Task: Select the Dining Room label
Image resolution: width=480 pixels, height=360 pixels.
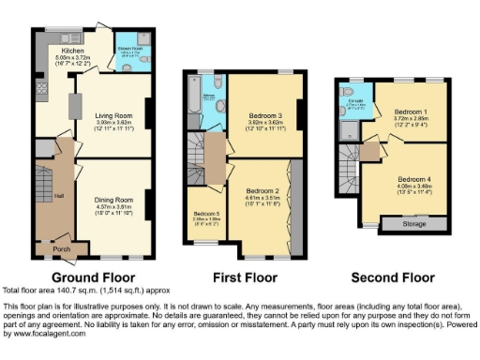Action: click(x=112, y=195)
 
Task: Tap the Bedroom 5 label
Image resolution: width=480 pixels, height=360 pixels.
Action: click(x=205, y=215)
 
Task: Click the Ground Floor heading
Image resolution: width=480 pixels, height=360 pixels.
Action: click(x=93, y=277)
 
